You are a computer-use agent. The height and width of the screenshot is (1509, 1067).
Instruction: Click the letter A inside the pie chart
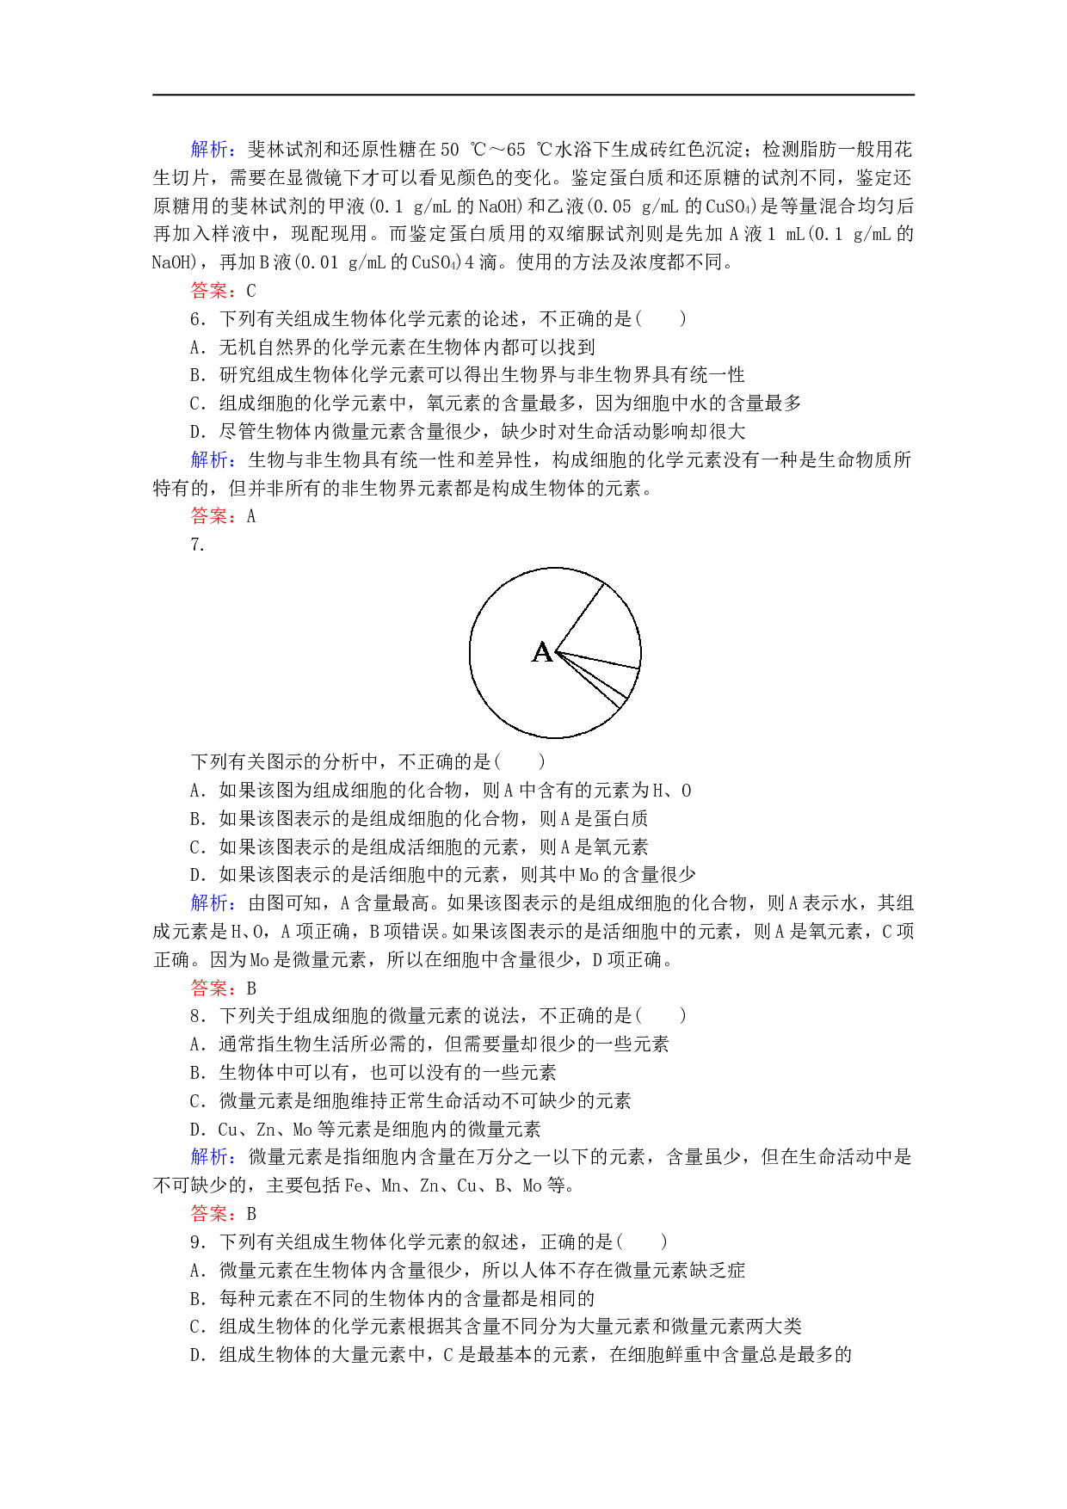point(542,652)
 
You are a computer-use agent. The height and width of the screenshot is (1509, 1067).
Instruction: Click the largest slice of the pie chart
point(516,680)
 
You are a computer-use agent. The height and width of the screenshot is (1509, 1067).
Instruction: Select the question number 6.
point(196,319)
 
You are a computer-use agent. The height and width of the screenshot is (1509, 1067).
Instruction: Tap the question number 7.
point(196,545)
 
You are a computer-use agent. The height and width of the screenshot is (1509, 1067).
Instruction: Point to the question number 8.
point(196,1016)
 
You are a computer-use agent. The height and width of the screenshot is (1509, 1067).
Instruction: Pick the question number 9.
point(196,1242)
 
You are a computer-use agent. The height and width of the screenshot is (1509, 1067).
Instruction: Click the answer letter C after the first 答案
point(251,291)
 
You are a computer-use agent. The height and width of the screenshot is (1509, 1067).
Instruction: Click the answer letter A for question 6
point(251,517)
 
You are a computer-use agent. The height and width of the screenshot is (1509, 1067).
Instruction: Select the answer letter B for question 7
point(251,989)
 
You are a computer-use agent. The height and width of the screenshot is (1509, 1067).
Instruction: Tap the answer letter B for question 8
point(251,1214)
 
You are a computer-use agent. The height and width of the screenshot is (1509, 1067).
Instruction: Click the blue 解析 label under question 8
point(209,1157)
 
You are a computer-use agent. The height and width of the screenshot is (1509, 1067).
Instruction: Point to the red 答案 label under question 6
point(209,516)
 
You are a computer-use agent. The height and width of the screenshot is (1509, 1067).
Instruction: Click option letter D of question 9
point(196,1356)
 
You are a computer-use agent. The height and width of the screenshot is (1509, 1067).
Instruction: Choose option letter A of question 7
point(196,791)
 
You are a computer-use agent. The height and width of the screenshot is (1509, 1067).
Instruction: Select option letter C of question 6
point(196,403)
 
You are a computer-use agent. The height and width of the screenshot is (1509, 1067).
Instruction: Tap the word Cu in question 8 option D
point(228,1130)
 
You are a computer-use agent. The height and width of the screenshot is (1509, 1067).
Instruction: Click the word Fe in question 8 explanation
point(354,1186)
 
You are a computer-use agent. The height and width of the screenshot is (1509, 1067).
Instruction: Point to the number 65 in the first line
point(515,150)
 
